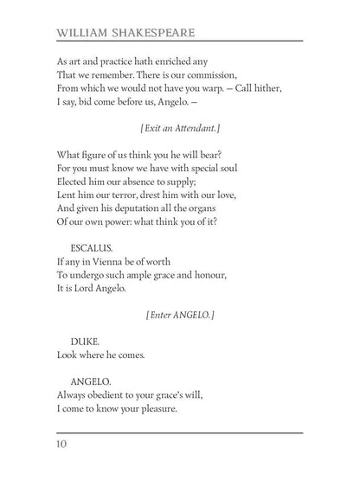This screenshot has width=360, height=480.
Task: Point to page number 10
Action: click(63, 445)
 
